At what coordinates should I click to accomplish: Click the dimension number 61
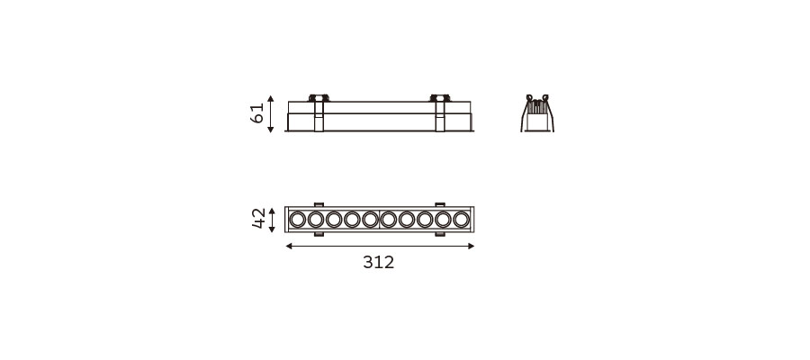coord(256,113)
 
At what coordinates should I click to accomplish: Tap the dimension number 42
coord(258,219)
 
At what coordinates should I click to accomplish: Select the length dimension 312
coord(379,263)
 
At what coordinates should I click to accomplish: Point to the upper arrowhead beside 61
coord(271,99)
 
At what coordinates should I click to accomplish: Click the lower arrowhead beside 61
coord(271,130)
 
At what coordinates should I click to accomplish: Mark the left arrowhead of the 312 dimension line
coord(289,247)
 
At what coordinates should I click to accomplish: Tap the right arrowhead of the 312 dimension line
coord(471,247)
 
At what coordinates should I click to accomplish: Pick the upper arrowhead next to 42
coord(272,211)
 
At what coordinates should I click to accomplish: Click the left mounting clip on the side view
coord(319,112)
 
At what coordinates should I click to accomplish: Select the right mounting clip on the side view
coord(439,112)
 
